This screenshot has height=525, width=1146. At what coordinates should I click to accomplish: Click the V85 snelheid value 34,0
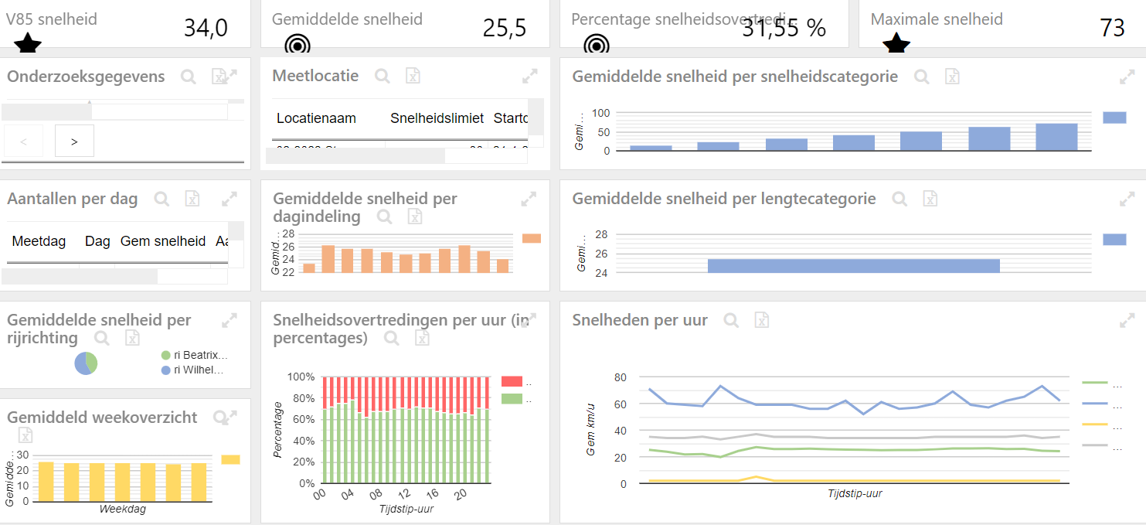pyautogui.click(x=206, y=29)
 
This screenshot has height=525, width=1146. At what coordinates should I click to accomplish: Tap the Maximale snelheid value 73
pyautogui.click(x=1112, y=29)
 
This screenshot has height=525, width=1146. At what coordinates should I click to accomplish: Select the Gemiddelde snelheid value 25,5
pyautogui.click(x=505, y=29)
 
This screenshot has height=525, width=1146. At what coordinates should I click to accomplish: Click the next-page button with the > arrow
pyautogui.click(x=74, y=141)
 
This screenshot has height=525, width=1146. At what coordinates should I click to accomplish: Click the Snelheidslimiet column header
pyautogui.click(x=437, y=118)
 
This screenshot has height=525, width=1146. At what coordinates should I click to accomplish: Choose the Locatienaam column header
pyautogui.click(x=316, y=118)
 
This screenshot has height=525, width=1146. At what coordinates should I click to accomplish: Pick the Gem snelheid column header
pyautogui.click(x=163, y=241)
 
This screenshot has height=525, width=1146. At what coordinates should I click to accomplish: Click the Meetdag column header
pyautogui.click(x=39, y=241)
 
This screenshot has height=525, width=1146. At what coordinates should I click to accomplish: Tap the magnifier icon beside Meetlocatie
pyautogui.click(x=383, y=76)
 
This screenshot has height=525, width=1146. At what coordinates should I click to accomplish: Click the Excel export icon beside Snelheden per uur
pyautogui.click(x=761, y=320)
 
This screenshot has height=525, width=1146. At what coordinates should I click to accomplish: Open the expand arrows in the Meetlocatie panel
pyautogui.click(x=529, y=76)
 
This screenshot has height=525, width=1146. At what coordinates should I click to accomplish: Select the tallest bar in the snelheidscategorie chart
pyautogui.click(x=1056, y=137)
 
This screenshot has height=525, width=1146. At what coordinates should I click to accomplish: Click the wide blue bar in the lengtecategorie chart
pyautogui.click(x=853, y=265)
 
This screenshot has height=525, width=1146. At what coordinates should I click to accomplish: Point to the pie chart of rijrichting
pyautogui.click(x=86, y=363)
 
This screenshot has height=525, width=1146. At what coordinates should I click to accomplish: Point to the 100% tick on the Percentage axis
pyautogui.click(x=301, y=377)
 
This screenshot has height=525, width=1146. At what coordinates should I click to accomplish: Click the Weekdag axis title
pyautogui.click(x=122, y=510)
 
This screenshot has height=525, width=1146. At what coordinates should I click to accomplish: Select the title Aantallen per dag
pyautogui.click(x=72, y=199)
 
